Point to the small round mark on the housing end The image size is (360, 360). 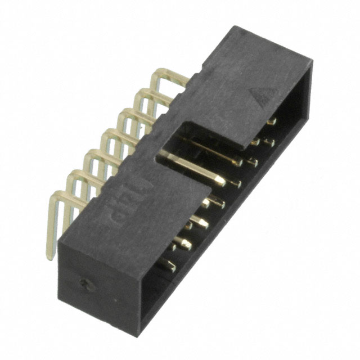click(85, 284)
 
